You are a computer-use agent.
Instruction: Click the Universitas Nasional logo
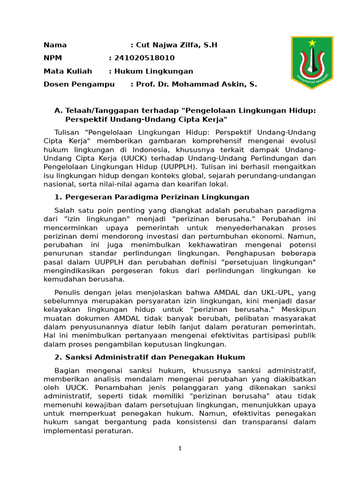point(312,62)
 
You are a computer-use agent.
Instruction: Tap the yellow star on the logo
point(312,43)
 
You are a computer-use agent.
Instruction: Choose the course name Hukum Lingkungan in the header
point(151,71)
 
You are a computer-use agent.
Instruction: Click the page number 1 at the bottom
point(180,448)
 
